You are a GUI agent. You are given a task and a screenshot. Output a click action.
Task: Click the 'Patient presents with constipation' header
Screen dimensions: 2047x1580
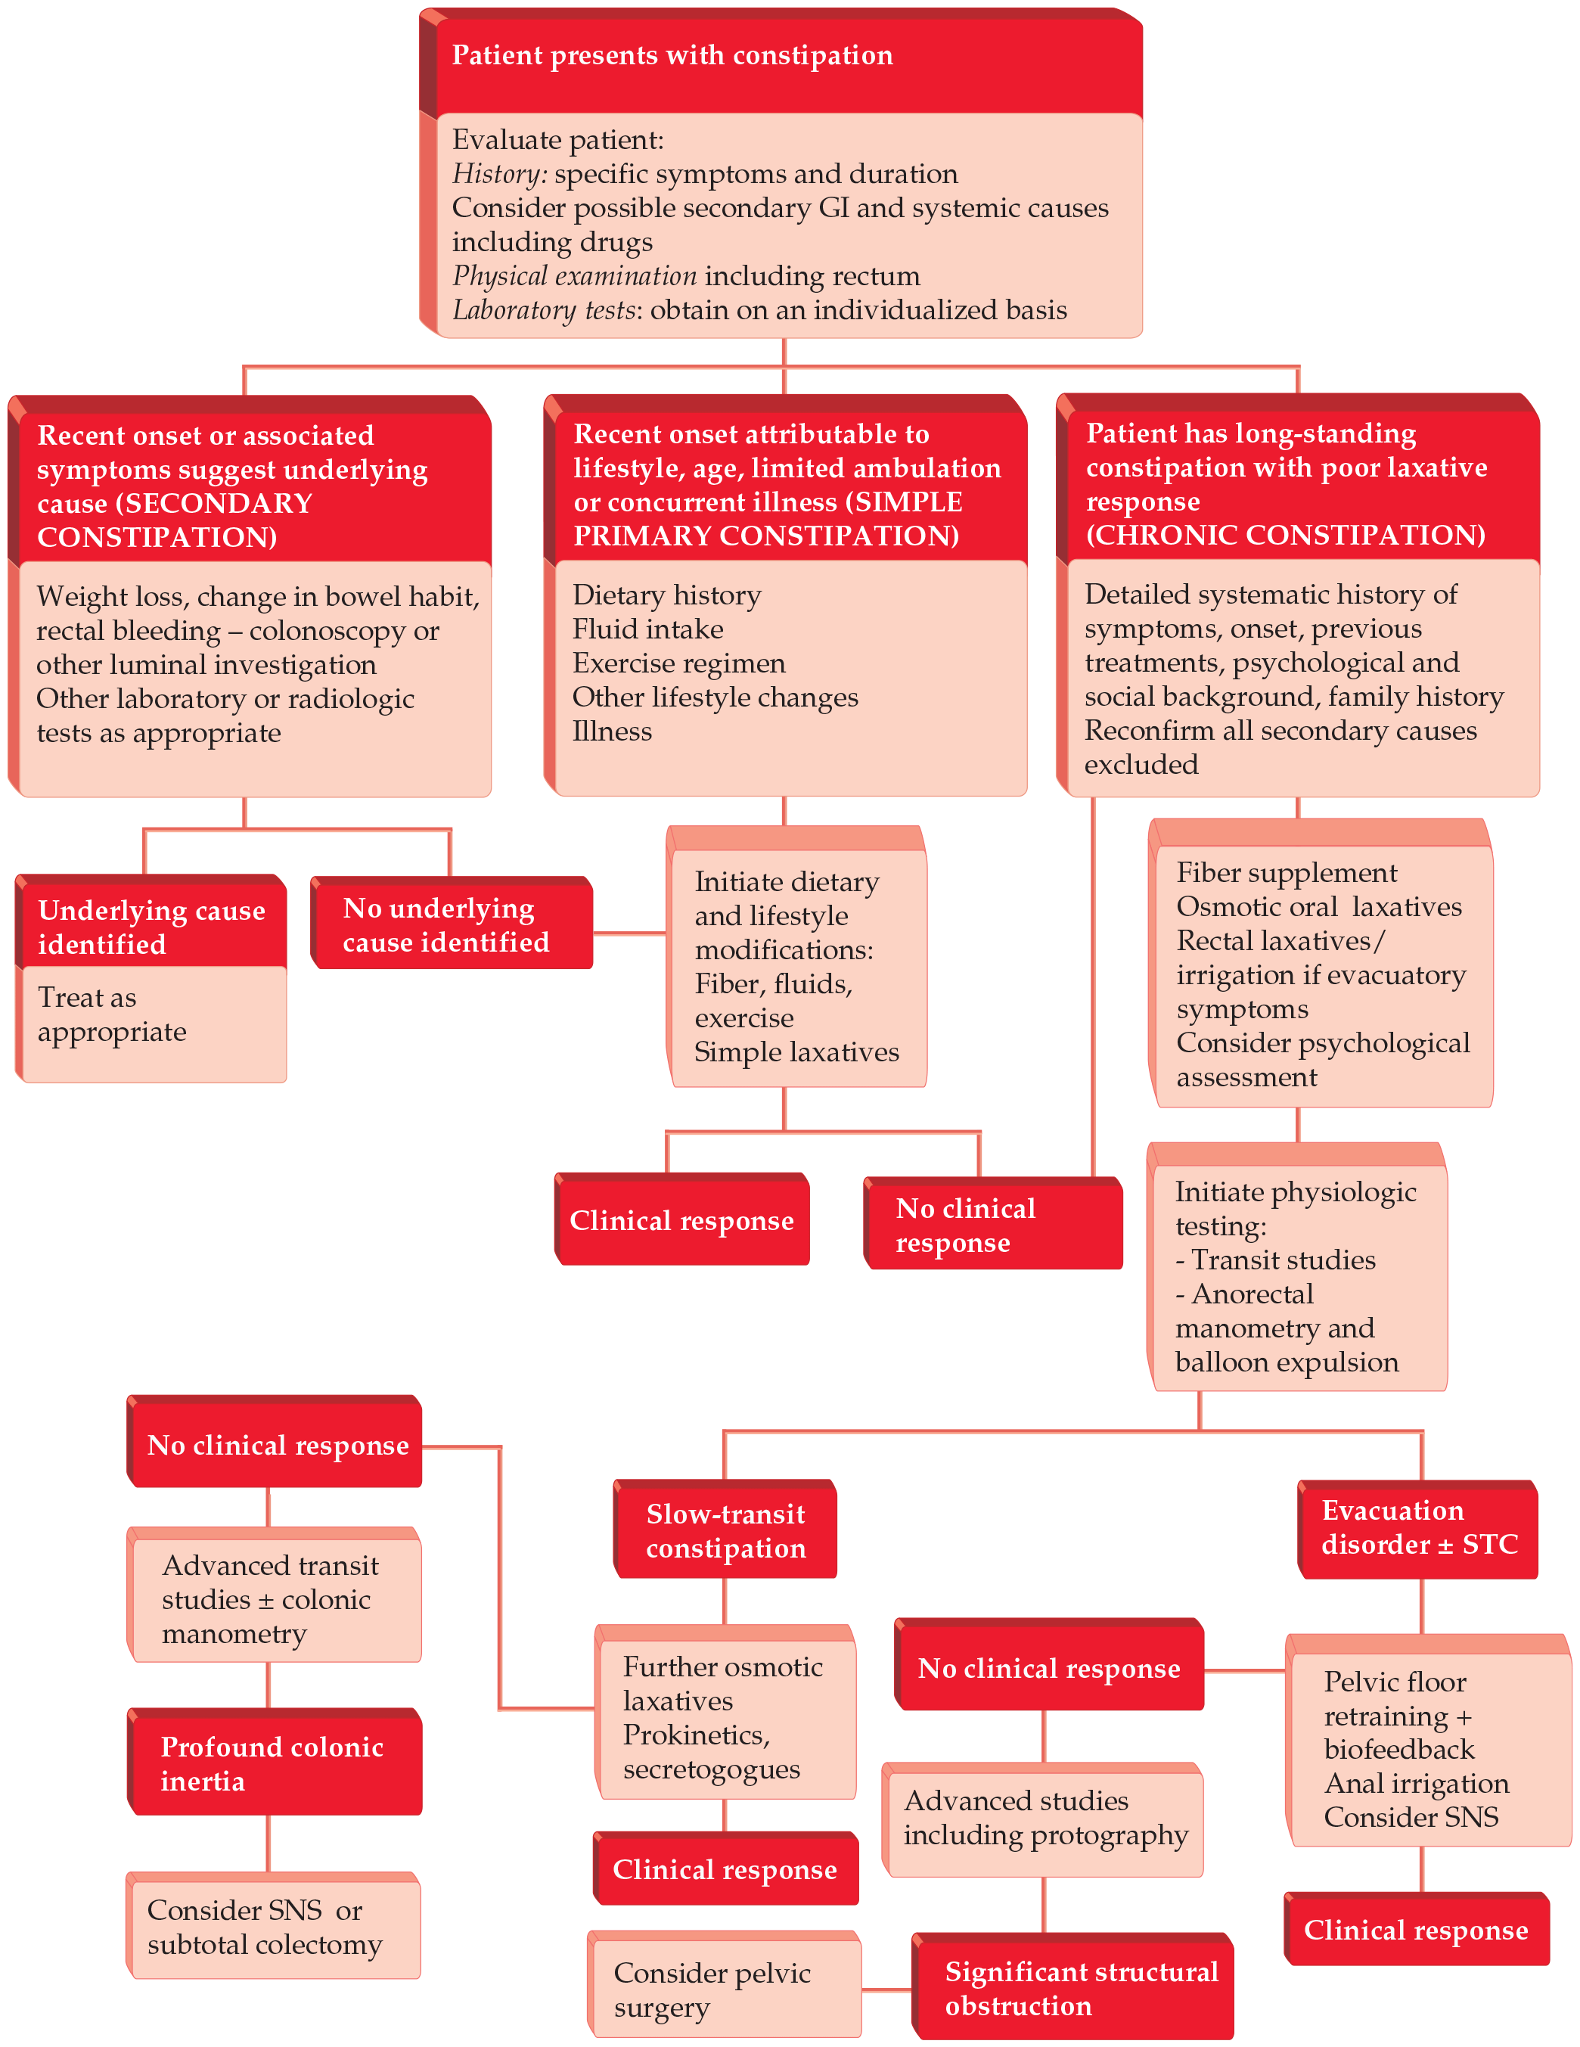[672, 56]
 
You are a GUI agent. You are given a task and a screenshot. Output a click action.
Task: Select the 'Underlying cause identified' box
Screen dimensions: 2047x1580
[151, 926]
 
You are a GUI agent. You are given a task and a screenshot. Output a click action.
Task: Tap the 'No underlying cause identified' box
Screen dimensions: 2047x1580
[447, 925]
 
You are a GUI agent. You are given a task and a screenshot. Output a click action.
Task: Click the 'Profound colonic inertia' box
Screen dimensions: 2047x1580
[273, 1763]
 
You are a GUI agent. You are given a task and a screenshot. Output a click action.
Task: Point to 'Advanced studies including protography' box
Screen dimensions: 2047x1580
[1045, 1819]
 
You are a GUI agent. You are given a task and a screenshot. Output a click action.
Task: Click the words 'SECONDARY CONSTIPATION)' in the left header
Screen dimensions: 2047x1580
[173, 521]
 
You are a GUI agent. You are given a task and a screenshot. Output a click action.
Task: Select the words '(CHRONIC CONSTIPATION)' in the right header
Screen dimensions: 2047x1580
[1285, 535]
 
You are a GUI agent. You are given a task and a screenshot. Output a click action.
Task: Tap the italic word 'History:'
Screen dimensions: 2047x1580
[498, 174]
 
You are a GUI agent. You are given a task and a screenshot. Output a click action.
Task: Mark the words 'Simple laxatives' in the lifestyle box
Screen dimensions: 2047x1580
[796, 1052]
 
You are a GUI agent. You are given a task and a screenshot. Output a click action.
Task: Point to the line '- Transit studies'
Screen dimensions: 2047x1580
[1275, 1260]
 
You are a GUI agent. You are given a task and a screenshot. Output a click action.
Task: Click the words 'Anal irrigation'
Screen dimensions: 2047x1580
[1416, 1783]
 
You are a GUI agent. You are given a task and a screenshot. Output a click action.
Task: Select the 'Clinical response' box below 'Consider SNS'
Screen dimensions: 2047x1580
[1415, 1930]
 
